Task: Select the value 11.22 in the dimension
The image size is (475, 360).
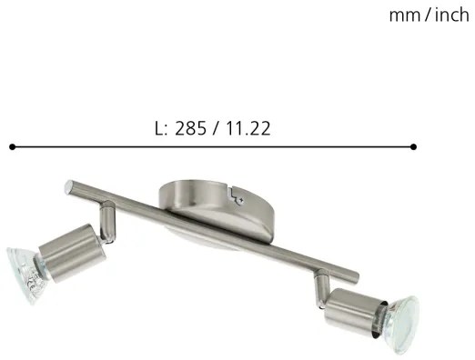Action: [247, 128]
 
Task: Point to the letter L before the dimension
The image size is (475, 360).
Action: [160, 128]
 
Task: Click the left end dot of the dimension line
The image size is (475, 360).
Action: [12, 145]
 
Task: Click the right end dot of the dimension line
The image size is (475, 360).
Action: [414, 145]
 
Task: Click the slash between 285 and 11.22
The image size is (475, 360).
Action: [217, 128]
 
